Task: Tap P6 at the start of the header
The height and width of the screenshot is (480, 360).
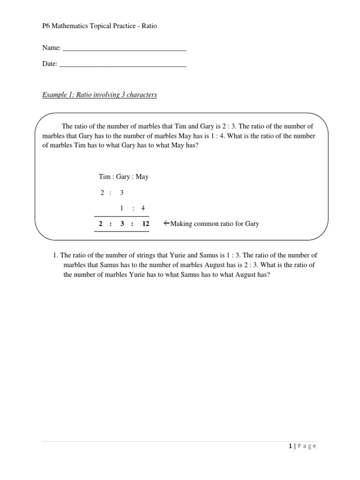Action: (x=46, y=26)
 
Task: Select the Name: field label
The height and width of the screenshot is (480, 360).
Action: (x=51, y=48)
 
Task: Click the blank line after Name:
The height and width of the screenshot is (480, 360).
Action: (x=124, y=49)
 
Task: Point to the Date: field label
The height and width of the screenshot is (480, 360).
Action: (x=50, y=64)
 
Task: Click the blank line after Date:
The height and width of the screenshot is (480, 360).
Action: (x=123, y=65)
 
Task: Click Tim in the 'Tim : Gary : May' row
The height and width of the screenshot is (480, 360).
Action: (x=104, y=177)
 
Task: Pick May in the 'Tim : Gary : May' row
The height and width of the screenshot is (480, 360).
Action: (x=142, y=177)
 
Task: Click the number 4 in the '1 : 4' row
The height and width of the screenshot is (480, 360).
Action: (x=143, y=208)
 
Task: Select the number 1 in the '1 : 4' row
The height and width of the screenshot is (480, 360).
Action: (x=121, y=208)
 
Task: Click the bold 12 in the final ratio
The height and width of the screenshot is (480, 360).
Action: (x=145, y=224)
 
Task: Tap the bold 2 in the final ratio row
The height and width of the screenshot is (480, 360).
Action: (x=100, y=224)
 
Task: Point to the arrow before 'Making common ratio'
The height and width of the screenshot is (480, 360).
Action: (x=166, y=223)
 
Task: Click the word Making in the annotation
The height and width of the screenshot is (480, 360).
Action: (x=181, y=224)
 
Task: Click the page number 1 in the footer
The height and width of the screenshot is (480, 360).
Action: (x=291, y=446)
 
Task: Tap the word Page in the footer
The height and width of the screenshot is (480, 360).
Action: (x=307, y=446)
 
